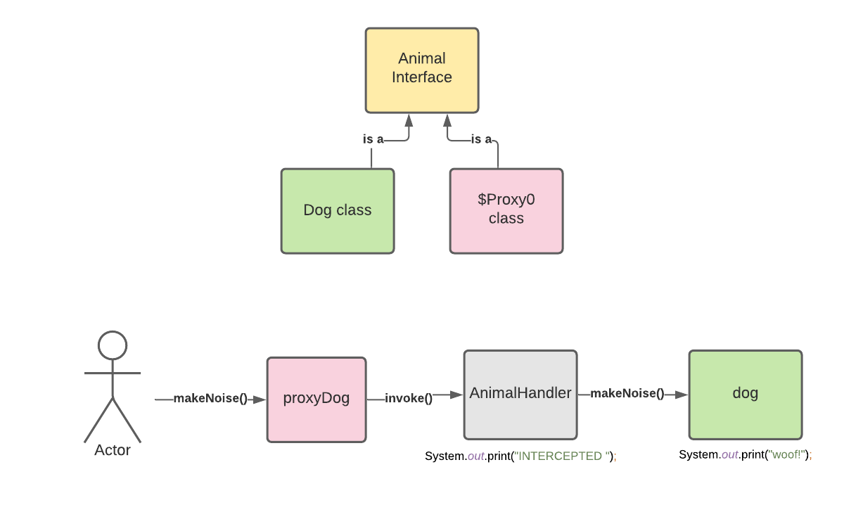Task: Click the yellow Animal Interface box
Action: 422,70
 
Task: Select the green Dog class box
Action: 338,210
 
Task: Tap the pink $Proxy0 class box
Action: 506,210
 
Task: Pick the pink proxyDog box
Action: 316,399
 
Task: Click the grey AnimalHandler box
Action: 520,394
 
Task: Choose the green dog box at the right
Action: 746,394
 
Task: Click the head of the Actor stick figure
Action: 113,345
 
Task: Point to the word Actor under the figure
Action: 113,450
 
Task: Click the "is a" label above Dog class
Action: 373,139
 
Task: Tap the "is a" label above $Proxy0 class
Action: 481,139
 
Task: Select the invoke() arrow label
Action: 409,399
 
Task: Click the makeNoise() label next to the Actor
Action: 210,399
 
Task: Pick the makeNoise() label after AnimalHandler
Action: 627,394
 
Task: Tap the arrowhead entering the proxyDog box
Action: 260,399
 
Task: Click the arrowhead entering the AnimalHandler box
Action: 457,395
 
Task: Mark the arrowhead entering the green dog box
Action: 682,395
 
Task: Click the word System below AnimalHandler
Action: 445,456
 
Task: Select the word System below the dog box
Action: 698,454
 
